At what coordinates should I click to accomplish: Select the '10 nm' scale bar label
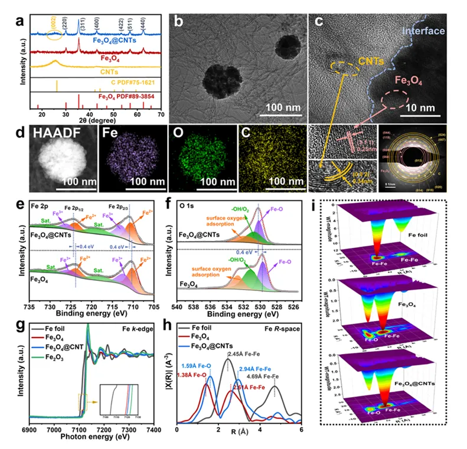click(438, 109)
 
